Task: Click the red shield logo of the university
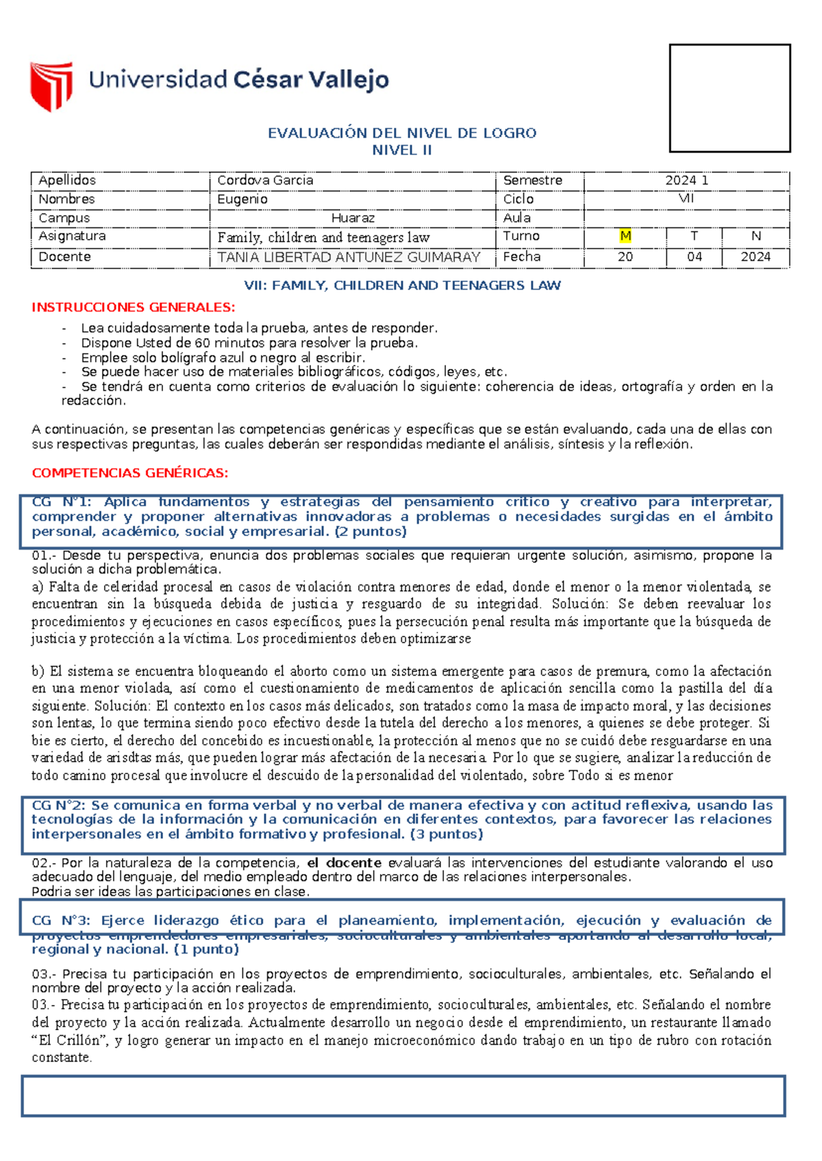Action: (51, 86)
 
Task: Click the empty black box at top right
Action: (730, 98)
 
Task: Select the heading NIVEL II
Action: (402, 150)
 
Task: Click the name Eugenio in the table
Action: (242, 199)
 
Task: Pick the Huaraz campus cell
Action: (353, 218)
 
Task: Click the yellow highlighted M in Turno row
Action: (625, 236)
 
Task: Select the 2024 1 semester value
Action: (686, 180)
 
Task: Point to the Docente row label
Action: (64, 257)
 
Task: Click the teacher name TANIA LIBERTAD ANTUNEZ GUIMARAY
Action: (349, 257)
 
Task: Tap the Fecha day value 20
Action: (625, 257)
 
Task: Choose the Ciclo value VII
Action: (686, 199)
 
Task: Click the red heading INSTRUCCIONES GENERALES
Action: (133, 307)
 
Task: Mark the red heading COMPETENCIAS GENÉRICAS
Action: (129, 473)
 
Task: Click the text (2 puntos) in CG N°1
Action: (371, 532)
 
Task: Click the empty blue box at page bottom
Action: (403, 1096)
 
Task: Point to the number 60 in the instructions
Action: (202, 343)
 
